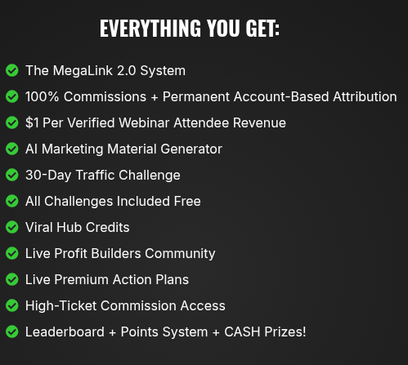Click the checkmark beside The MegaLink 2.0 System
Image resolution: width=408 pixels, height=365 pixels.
point(12,70)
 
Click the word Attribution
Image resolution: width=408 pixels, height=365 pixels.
point(360,96)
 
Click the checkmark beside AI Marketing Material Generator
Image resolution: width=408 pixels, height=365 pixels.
point(12,149)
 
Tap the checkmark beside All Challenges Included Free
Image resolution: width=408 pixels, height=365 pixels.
point(12,201)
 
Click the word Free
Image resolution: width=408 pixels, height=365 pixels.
point(185,201)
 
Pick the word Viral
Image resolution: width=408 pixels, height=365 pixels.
point(41,227)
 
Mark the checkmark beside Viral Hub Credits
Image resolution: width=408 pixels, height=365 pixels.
point(12,227)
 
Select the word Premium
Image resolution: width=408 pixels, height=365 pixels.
point(84,279)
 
